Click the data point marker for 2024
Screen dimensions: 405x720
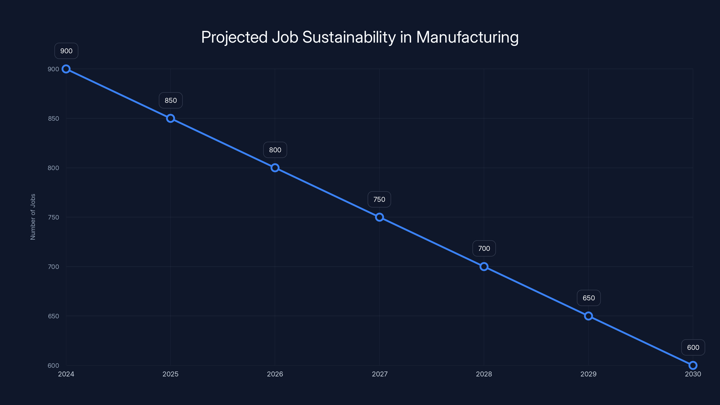click(x=66, y=69)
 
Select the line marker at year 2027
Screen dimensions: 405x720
click(x=379, y=217)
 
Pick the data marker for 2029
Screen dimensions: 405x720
click(x=588, y=316)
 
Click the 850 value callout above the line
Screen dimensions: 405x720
click(x=171, y=100)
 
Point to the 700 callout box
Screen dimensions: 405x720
click(x=484, y=248)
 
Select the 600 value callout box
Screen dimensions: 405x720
click(x=693, y=347)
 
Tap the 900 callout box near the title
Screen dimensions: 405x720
click(x=66, y=51)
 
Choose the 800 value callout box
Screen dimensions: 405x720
click(x=275, y=150)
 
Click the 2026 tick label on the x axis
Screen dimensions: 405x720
click(x=275, y=374)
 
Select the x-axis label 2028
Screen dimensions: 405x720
click(x=484, y=374)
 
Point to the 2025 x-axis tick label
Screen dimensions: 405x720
click(x=171, y=374)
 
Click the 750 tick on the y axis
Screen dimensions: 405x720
click(x=53, y=217)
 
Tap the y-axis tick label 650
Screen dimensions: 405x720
click(x=53, y=316)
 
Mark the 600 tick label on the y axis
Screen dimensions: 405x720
click(x=53, y=366)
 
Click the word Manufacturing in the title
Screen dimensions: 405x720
click(x=467, y=37)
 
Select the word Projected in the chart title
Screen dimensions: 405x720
click(x=234, y=37)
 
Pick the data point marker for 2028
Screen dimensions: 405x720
click(x=484, y=267)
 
